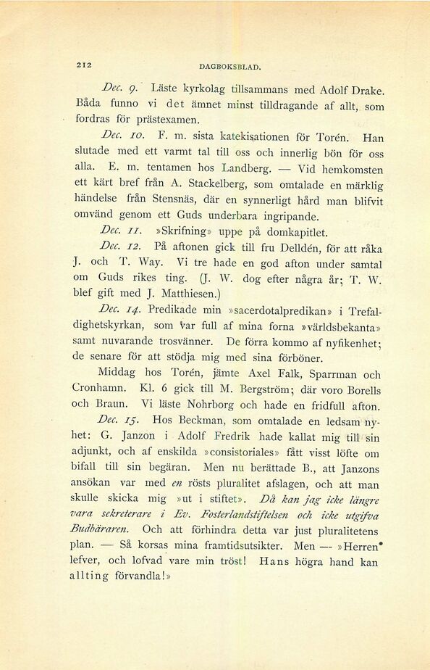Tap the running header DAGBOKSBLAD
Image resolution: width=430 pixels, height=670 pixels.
[229, 67]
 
